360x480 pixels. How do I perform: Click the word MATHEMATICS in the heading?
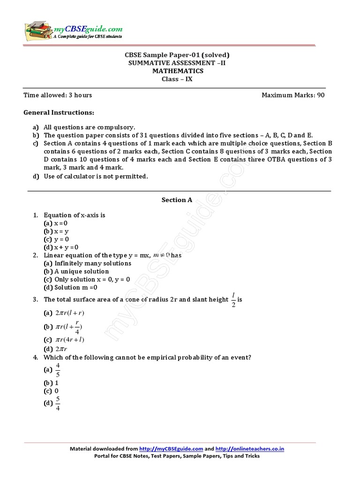coord(178,71)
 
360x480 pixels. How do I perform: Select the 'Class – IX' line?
coord(177,79)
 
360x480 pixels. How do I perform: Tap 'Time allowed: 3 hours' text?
coord(58,95)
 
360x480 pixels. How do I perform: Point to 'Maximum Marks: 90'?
coord(292,95)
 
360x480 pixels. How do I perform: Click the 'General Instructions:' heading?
coord(59,112)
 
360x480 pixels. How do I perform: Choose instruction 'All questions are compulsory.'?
coord(89,127)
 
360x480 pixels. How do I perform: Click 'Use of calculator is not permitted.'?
coord(96,176)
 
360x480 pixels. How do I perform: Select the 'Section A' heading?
coord(177,200)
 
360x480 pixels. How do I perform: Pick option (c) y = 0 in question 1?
coord(57,239)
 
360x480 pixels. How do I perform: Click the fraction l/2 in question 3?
coord(233,299)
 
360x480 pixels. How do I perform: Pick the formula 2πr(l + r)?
coord(70,313)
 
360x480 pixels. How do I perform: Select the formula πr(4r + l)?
coord(70,340)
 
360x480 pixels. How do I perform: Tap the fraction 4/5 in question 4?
coord(58,370)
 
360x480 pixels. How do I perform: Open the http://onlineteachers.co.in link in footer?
coord(250,449)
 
